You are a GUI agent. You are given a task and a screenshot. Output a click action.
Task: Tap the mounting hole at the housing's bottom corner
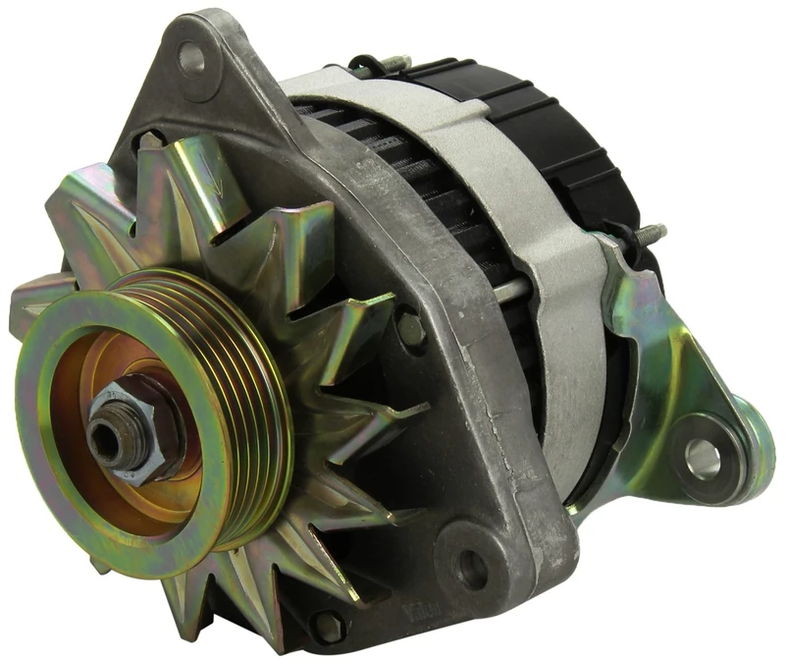(472, 565)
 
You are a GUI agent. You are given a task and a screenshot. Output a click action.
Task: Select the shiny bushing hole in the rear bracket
(703, 455)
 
